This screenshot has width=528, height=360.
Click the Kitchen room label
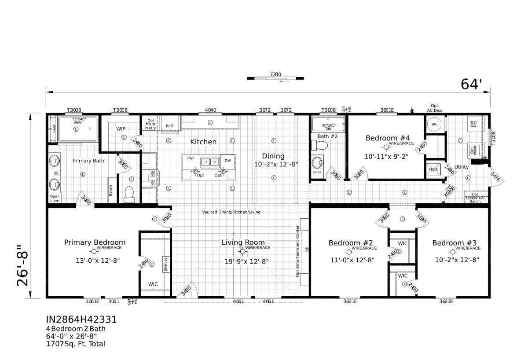coord(203,142)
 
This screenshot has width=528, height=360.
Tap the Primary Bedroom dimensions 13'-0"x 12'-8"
coord(98,261)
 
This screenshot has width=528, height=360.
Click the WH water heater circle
coord(434,124)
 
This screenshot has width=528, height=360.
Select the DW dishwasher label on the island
coord(227,161)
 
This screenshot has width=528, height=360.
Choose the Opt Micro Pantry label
coord(150,124)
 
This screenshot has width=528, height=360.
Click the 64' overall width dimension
coord(472,84)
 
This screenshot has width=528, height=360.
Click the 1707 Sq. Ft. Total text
coord(75,344)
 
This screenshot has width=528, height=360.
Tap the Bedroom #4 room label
coord(388,138)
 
